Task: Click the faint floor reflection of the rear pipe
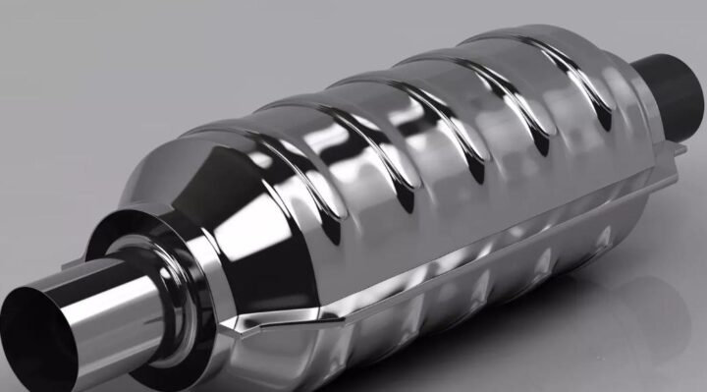coord(678,295)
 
